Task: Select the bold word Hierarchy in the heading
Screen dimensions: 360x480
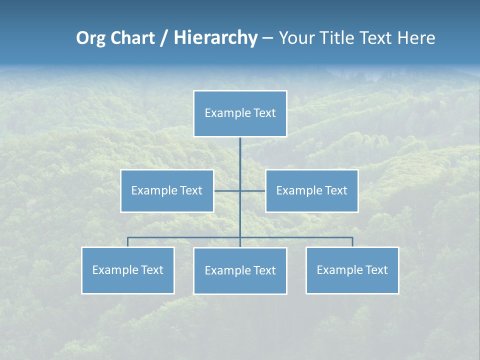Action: tap(215, 38)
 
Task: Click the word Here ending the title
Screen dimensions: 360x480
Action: tap(416, 38)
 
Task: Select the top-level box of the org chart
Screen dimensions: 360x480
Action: tap(240, 113)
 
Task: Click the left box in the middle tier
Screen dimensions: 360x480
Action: tap(167, 191)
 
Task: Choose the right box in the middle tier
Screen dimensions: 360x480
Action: tap(311, 191)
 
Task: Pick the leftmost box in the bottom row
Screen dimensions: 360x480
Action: tap(127, 270)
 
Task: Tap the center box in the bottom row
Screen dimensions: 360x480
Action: tap(240, 271)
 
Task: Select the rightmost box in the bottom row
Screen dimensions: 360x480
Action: tap(352, 270)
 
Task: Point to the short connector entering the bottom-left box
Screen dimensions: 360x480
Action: tap(127, 242)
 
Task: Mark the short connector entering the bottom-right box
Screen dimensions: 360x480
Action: tap(352, 242)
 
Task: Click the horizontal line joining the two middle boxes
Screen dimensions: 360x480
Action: tap(227, 191)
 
